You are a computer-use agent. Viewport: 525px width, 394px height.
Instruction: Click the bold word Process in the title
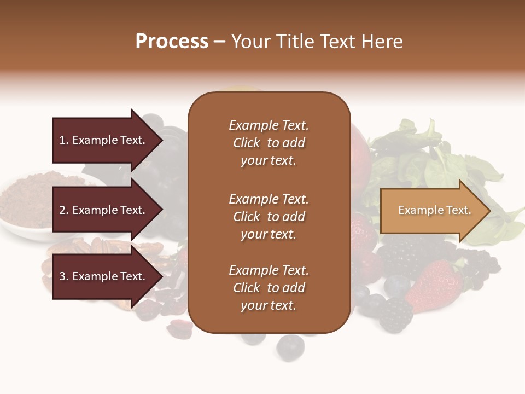click(172, 42)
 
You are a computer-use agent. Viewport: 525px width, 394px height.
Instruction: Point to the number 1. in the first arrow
click(64, 140)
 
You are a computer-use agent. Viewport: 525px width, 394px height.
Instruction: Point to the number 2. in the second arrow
click(64, 210)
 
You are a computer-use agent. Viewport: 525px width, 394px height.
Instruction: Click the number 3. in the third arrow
click(64, 276)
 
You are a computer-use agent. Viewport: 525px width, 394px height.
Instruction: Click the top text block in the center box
click(269, 143)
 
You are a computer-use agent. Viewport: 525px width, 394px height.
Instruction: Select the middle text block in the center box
click(269, 217)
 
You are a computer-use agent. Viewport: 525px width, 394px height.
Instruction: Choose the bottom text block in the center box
click(269, 288)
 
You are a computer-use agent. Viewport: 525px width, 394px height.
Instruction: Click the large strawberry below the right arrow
click(435, 285)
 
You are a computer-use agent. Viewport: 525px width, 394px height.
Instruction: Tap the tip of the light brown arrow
click(488, 211)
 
